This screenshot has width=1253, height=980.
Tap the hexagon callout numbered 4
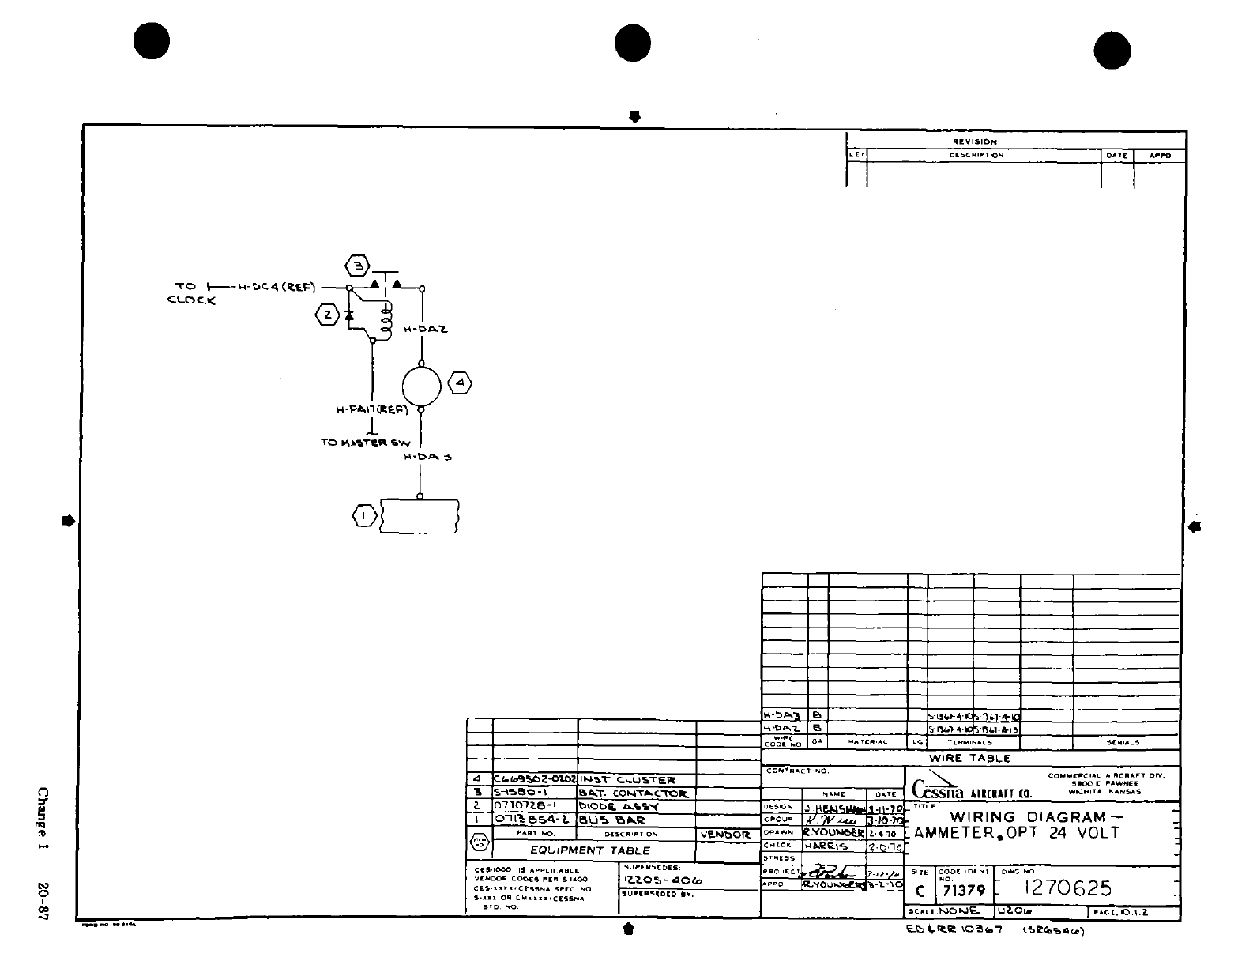point(460,385)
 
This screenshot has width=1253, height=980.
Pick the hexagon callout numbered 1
point(363,516)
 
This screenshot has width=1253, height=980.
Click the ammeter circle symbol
point(421,386)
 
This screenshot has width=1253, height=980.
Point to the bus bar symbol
point(420,515)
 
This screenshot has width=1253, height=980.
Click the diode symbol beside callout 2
point(348,315)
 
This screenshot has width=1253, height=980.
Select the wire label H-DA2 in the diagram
point(426,330)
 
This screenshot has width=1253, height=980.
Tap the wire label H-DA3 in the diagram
point(427,457)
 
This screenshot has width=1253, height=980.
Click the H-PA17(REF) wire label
point(371,409)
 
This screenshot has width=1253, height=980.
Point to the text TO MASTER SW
point(365,442)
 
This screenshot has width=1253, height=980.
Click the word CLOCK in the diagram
point(191,300)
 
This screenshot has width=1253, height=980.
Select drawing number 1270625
point(1067,888)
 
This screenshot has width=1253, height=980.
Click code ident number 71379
point(963,891)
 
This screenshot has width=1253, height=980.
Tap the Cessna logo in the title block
point(938,789)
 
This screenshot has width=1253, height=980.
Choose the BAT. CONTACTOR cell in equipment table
point(633,793)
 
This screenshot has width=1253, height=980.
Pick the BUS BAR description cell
point(612,820)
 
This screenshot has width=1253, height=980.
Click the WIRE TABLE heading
point(969,758)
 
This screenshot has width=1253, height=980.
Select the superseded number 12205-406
point(662,880)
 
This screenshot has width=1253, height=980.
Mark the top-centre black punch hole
point(632,43)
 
